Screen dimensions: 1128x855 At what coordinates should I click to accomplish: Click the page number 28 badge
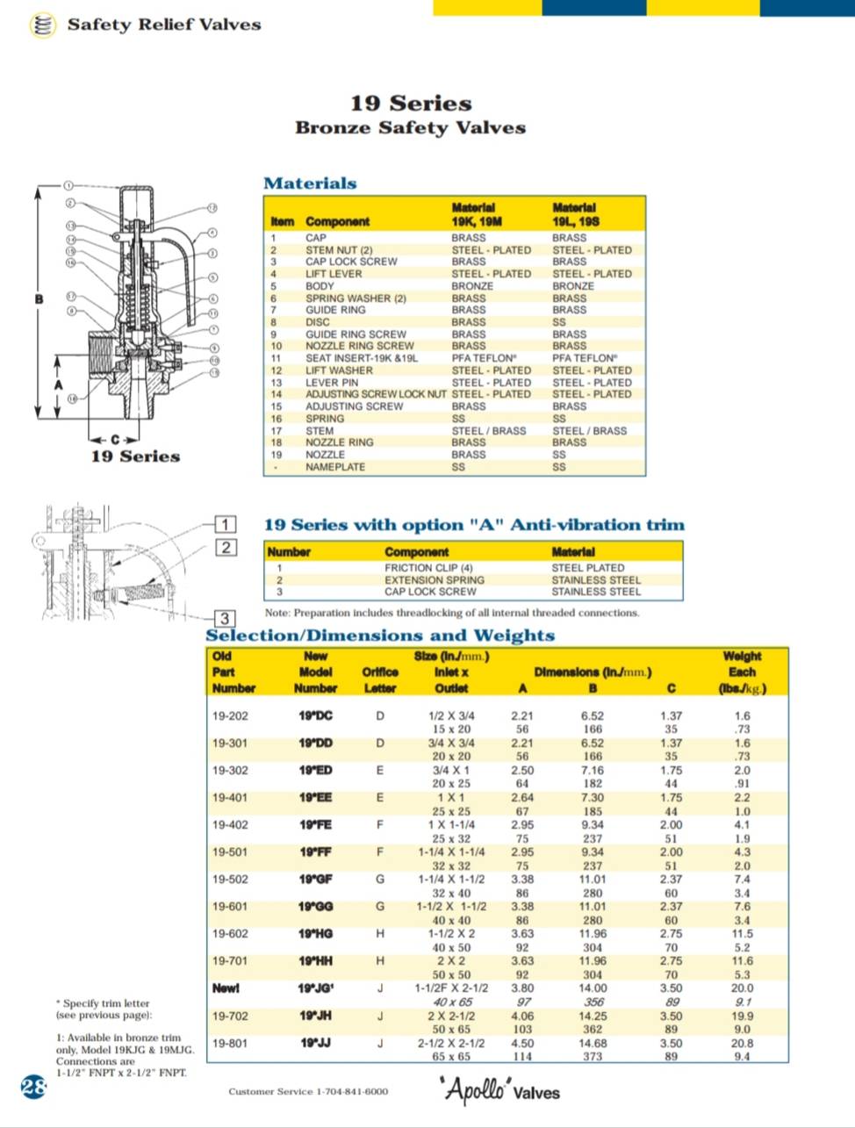pos(33,1087)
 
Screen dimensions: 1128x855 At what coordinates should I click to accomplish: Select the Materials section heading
pos(310,183)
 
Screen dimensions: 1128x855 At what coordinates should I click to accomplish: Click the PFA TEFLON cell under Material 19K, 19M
pos(484,358)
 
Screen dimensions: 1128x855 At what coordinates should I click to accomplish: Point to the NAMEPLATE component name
pos(335,467)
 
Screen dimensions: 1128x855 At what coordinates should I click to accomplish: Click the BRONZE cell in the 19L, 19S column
pos(572,286)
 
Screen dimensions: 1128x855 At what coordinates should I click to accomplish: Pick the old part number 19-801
pos(230,1043)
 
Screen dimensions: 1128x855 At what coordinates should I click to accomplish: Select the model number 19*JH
pos(316,1016)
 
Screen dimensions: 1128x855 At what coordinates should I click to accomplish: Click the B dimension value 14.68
pos(593,1043)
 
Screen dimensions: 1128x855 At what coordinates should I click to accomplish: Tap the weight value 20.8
pos(742,1043)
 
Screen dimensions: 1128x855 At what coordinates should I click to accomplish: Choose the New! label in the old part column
pos(226,988)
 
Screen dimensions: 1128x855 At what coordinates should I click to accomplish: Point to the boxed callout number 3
pos(225,619)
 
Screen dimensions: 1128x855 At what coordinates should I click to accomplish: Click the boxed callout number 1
pos(226,525)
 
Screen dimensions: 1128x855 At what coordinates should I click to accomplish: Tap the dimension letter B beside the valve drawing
pos(39,299)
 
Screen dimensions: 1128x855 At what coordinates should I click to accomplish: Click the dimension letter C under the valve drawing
pos(114,439)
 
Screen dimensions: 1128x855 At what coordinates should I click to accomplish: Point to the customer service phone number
pos(307,1091)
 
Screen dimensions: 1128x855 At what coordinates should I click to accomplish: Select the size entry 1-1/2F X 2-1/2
pos(451,988)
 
